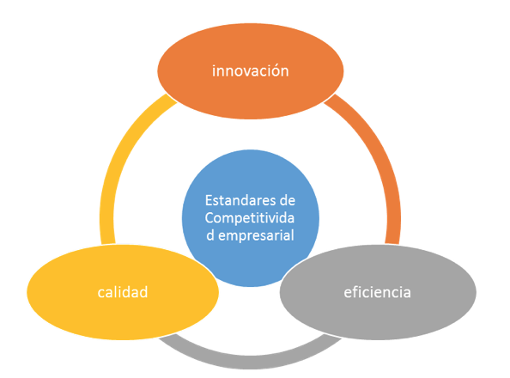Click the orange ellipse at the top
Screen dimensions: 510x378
pos(251,71)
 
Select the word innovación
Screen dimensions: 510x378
pos(251,71)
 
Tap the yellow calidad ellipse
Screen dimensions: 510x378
pos(123,292)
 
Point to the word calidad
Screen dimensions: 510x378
pos(123,292)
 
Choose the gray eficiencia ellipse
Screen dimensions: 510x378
pos(378,292)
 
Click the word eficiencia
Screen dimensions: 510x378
pos(377,292)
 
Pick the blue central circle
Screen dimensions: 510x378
pos(251,218)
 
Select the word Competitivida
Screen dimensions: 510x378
pos(250,218)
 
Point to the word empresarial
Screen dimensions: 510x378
pos(256,235)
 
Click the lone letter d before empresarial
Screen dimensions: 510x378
pos(210,235)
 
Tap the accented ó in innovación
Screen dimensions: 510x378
pos(273,71)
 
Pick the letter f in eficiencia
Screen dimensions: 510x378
pos(355,292)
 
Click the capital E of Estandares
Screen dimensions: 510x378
pos(209,201)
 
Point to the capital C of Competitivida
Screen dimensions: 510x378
pos(209,218)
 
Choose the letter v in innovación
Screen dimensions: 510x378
pos(246,72)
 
